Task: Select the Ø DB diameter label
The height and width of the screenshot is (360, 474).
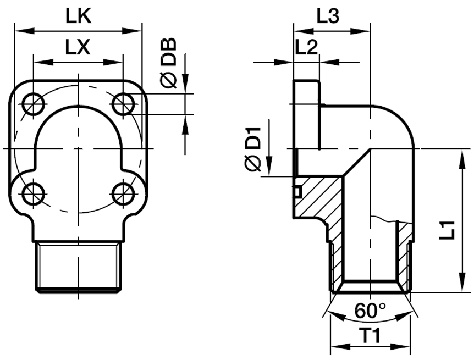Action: (x=169, y=63)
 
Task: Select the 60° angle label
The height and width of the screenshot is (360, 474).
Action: (x=369, y=311)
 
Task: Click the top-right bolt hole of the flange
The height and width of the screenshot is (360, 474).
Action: (x=122, y=103)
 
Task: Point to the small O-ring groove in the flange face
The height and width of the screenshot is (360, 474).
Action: (x=297, y=192)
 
